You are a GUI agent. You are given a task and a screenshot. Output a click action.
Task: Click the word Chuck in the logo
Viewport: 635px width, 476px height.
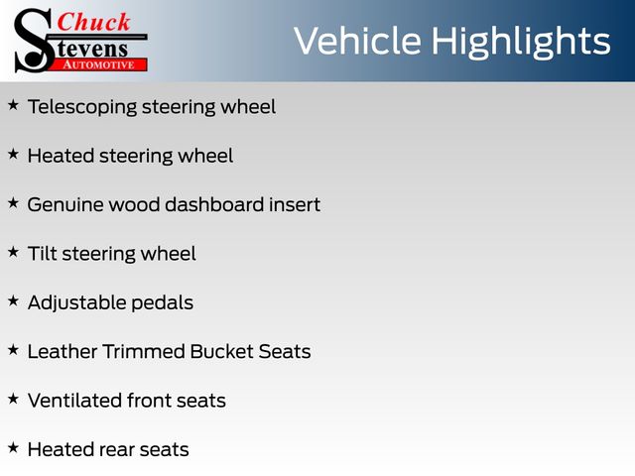click(x=93, y=22)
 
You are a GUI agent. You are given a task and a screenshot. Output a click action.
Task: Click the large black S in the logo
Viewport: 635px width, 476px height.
click(x=34, y=41)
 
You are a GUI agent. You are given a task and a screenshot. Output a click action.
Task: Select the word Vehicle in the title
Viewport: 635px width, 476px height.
click(x=357, y=41)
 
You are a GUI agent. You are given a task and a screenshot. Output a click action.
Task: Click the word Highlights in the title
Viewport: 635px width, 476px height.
click(x=520, y=43)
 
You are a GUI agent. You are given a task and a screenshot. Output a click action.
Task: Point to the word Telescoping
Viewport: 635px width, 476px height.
click(x=82, y=108)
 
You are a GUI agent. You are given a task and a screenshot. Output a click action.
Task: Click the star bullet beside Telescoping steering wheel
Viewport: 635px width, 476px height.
click(x=13, y=105)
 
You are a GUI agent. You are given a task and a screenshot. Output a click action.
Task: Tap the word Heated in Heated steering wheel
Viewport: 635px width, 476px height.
click(x=61, y=156)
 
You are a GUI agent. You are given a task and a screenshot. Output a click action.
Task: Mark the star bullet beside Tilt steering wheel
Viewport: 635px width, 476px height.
click(x=13, y=252)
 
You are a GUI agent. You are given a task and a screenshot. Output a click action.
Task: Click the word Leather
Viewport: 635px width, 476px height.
click(x=63, y=351)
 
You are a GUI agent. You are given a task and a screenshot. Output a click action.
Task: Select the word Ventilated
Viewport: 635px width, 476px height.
click(x=75, y=401)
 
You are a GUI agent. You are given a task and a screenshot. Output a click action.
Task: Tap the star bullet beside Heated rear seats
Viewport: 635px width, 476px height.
click(x=13, y=447)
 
